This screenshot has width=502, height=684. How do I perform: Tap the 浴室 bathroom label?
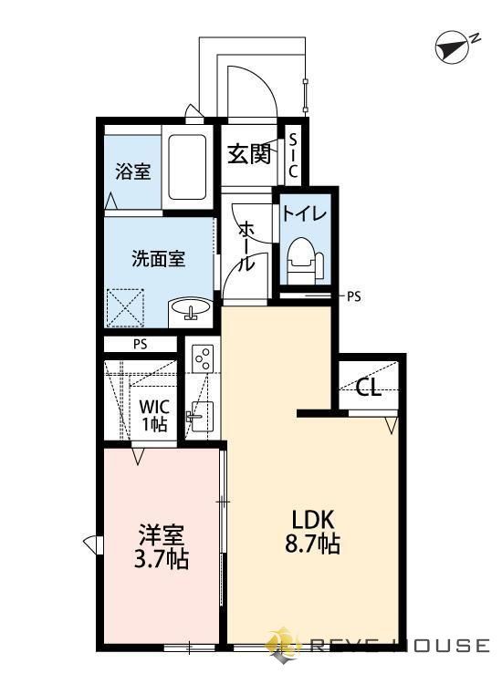pyautogui.click(x=133, y=171)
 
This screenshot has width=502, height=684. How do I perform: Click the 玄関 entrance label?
pyautogui.click(x=247, y=154)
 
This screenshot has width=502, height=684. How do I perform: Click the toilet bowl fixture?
pyautogui.click(x=302, y=257)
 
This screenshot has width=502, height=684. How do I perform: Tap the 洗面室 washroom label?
pyautogui.click(x=158, y=259)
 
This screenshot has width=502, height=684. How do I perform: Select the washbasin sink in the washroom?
pyautogui.click(x=190, y=311)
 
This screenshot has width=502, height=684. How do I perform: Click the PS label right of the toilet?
pyautogui.click(x=354, y=296)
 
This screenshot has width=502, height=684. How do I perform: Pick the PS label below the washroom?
pyautogui.click(x=139, y=345)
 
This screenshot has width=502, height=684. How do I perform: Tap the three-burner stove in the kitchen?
pyautogui.click(x=202, y=358)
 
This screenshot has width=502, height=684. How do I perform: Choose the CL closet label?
pyautogui.click(x=368, y=389)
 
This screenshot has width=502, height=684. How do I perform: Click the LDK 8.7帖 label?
pyautogui.click(x=315, y=531)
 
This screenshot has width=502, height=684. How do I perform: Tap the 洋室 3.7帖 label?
pyautogui.click(x=162, y=545)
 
